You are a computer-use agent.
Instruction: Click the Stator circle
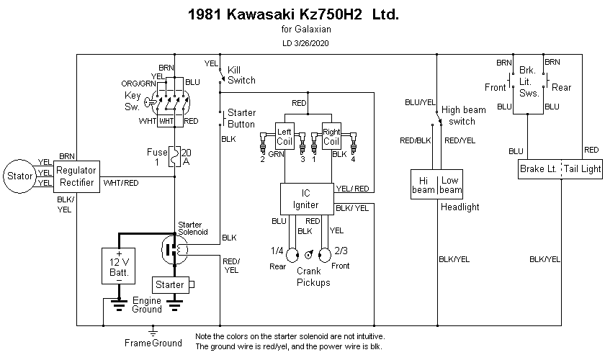pyautogui.click(x=19, y=175)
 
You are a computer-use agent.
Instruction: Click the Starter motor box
pyautogui.click(x=170, y=285)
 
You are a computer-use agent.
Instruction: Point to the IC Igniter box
pyautogui.click(x=305, y=198)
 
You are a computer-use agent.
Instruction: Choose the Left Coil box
pyautogui.click(x=285, y=137)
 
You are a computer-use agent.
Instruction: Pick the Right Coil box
pyautogui.click(x=331, y=137)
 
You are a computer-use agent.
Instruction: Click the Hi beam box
pyautogui.click(x=423, y=184)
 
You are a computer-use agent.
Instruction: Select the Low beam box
pyautogui.click(x=449, y=184)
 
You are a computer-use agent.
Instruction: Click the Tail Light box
pyautogui.click(x=581, y=169)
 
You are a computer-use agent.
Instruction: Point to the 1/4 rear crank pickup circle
pyautogui.click(x=292, y=255)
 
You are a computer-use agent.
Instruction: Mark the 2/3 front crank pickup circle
pyautogui.click(x=323, y=255)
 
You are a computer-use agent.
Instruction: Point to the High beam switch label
pyautogui.click(x=463, y=115)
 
